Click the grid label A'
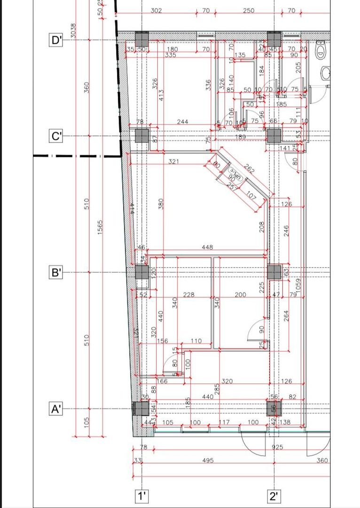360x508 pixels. click(56, 409)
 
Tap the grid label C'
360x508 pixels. click(56, 136)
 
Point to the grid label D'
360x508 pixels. click(56, 40)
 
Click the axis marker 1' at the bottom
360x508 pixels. click(142, 496)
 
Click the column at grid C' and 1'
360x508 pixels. click(142, 136)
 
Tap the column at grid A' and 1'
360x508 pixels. click(141, 409)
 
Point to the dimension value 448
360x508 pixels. click(207, 247)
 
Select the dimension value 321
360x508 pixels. click(174, 162)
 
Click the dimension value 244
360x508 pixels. click(182, 122)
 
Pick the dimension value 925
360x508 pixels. click(277, 447)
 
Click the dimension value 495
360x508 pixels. click(208, 461)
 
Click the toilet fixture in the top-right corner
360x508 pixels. click(321, 52)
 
